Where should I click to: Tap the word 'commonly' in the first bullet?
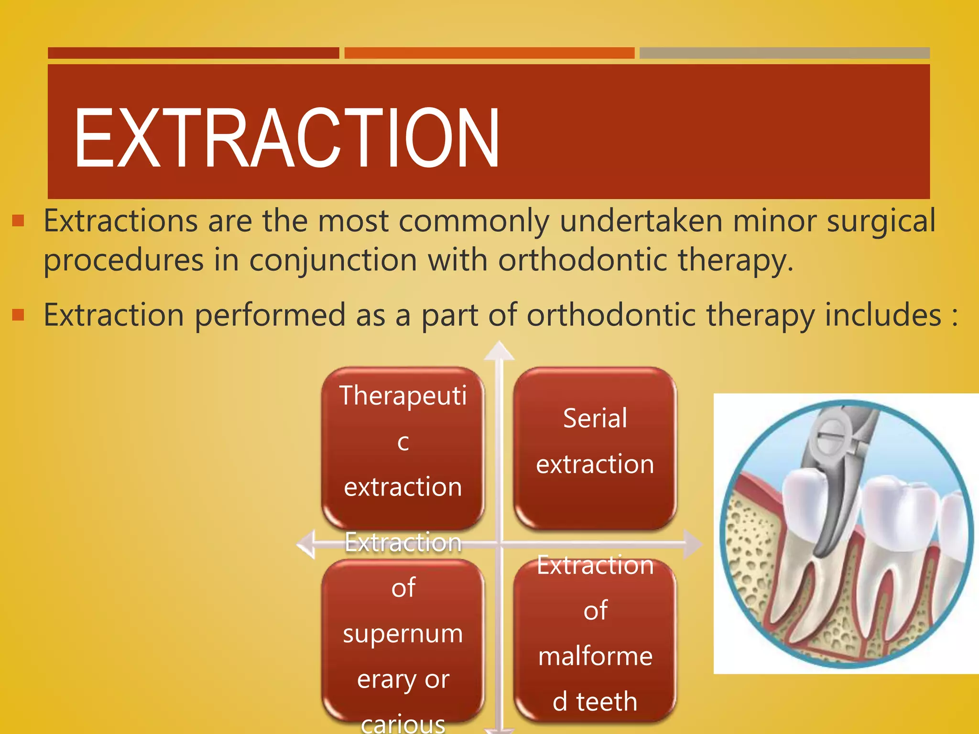[473, 221]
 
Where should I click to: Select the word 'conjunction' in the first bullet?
[333, 260]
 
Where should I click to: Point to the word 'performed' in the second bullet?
[270, 315]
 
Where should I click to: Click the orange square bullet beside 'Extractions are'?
[18, 220]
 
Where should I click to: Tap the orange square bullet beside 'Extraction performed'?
[18, 314]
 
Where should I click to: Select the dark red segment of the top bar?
[193, 53]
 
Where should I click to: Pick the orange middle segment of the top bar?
[489, 53]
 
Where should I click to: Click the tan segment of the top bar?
[784, 53]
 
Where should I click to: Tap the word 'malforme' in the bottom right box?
[595, 656]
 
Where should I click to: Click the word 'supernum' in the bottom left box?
[403, 634]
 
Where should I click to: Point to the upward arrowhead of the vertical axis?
[499, 351]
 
